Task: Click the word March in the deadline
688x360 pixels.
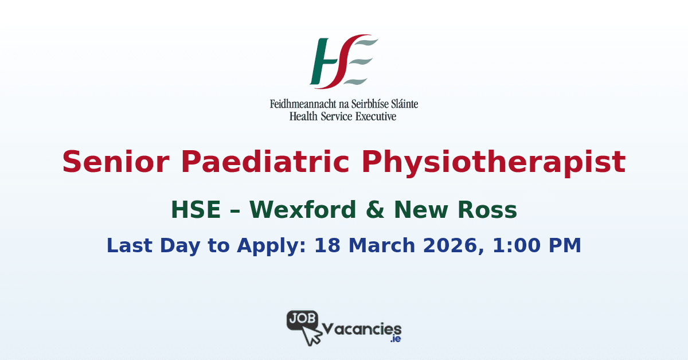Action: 372,245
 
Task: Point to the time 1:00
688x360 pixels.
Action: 505,245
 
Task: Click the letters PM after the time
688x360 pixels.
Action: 565,245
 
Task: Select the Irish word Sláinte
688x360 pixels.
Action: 402,105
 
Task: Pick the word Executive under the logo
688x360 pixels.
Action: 375,116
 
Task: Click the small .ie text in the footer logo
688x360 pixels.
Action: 395,340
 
